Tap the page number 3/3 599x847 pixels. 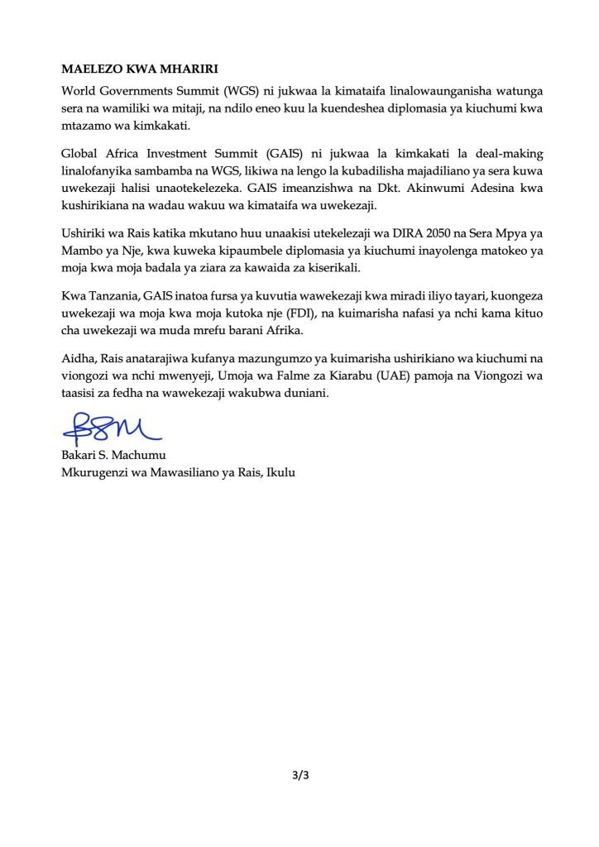pos(299,775)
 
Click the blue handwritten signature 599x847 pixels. pos(111,428)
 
